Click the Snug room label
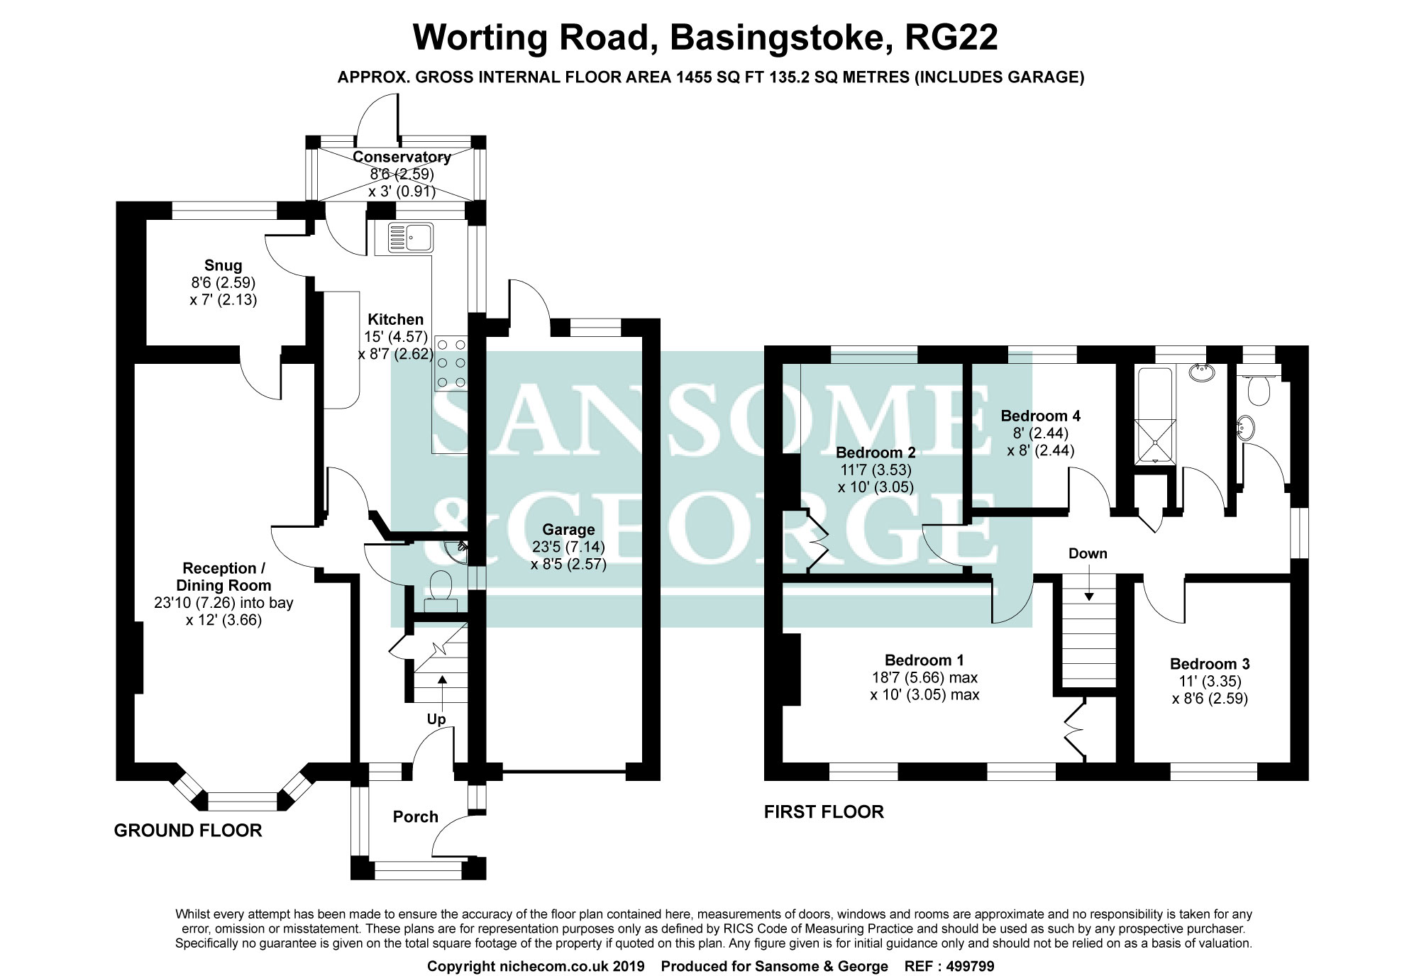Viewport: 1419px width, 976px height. (223, 265)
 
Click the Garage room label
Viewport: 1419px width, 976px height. (568, 529)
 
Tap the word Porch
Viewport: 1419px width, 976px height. (415, 816)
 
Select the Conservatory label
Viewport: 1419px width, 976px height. (402, 157)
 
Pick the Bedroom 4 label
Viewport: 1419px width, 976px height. (1040, 416)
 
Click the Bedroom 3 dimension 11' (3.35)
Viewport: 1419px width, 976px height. (1209, 681)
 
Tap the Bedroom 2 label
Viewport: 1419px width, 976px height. (875, 453)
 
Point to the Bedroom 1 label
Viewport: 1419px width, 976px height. (924, 660)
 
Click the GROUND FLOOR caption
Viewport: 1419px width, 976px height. (188, 830)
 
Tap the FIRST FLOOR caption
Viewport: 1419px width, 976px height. (824, 811)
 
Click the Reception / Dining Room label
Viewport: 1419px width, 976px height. (223, 577)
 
